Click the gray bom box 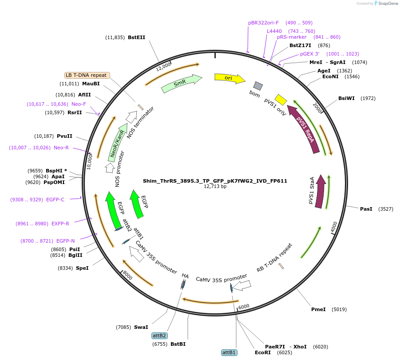(257, 86)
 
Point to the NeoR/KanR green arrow (117, 144)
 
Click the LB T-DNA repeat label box (87, 75)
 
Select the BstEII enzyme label (136, 38)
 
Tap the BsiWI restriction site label (347, 98)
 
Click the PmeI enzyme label (318, 309)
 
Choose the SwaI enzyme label (141, 327)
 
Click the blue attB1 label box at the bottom (229, 352)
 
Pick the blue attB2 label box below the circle (159, 336)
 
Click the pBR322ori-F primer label (263, 23)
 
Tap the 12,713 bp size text (215, 187)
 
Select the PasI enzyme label (366, 208)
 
